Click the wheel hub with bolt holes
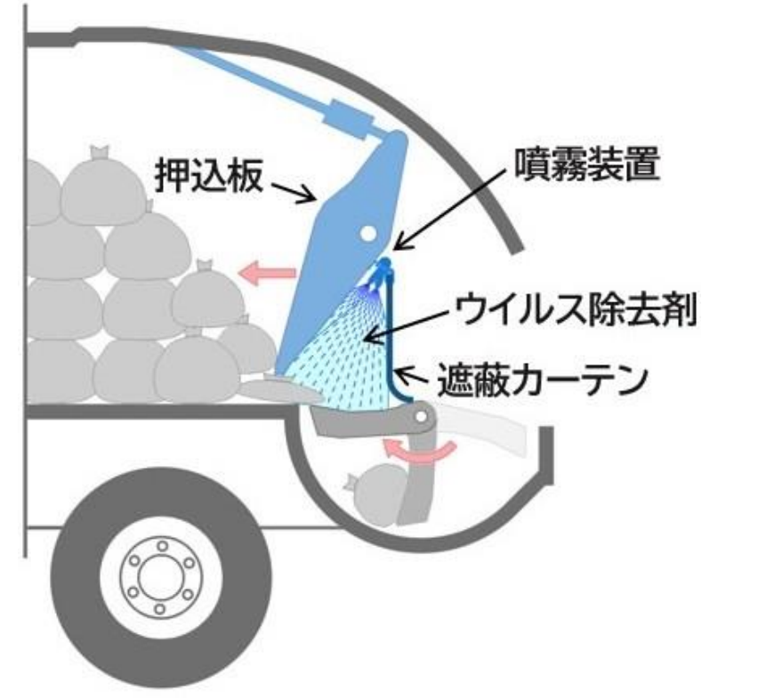pos(160,578)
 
